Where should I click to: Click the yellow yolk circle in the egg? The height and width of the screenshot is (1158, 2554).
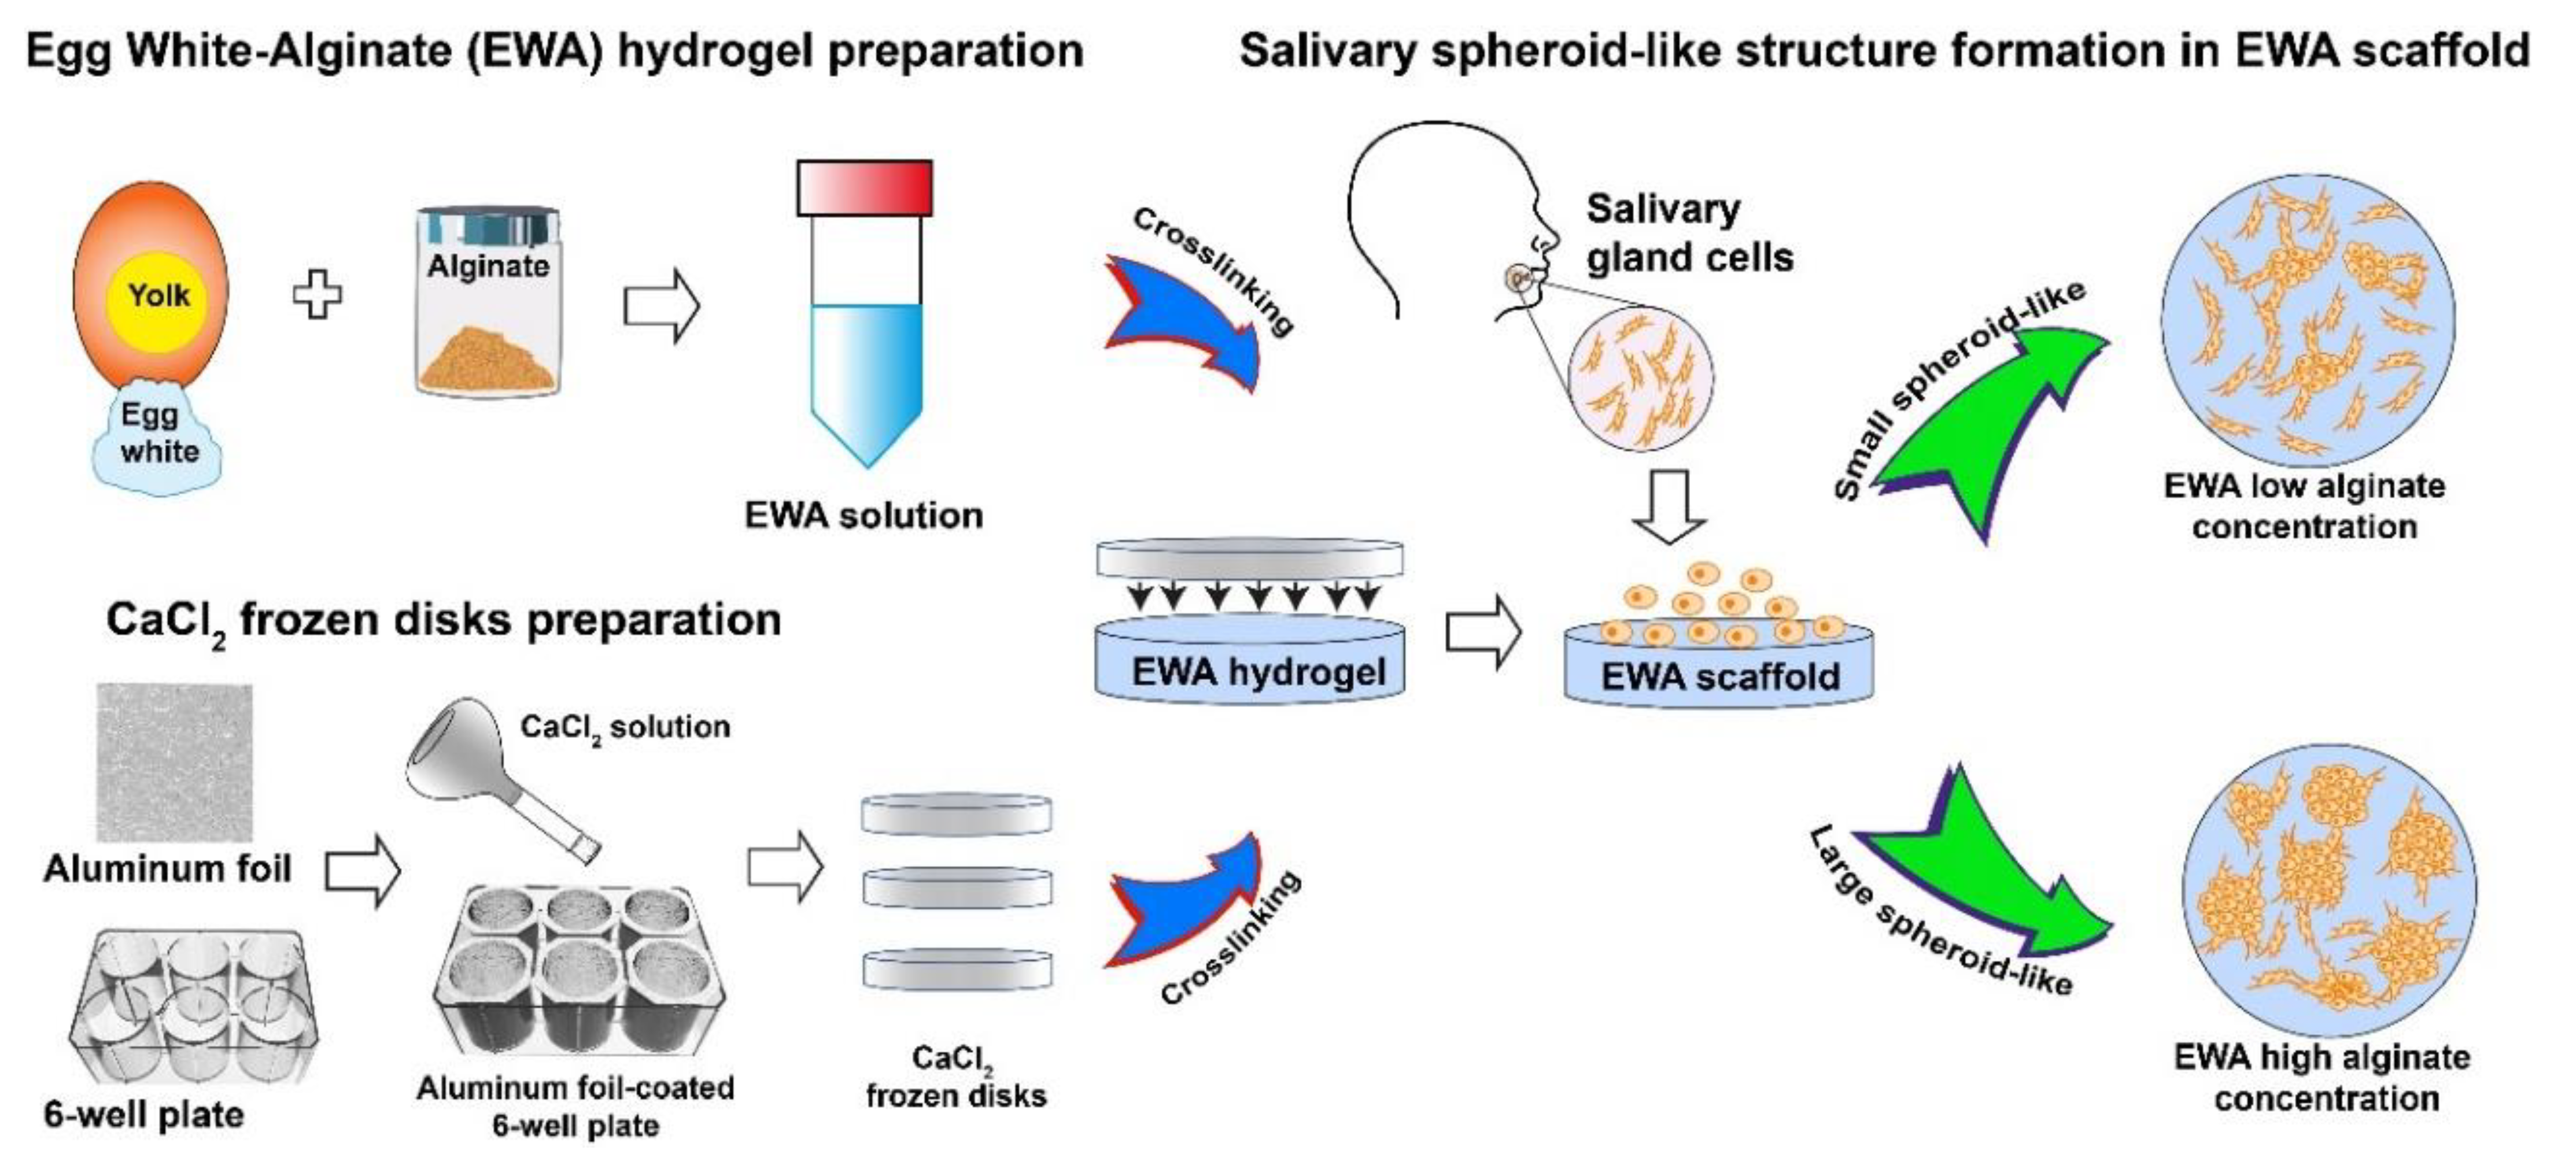pyautogui.click(x=158, y=295)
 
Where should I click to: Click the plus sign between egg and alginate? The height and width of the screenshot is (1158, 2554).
pyautogui.click(x=318, y=294)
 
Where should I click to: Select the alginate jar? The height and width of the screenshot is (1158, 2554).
pyautogui.click(x=488, y=302)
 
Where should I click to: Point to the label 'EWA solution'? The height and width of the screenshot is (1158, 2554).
pyautogui.click(x=863, y=516)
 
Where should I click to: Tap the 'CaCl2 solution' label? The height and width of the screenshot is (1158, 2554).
pyautogui.click(x=625, y=728)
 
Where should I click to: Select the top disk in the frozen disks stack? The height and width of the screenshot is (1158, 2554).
pyautogui.click(x=956, y=815)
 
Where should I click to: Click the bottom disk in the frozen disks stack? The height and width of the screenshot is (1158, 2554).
pyautogui.click(x=956, y=970)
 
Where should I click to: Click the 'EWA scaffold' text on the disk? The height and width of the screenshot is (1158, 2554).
pyautogui.click(x=1720, y=677)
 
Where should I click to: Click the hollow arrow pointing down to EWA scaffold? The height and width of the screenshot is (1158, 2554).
pyautogui.click(x=1669, y=506)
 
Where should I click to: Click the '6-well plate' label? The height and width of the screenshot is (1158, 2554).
pyautogui.click(x=144, y=1115)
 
